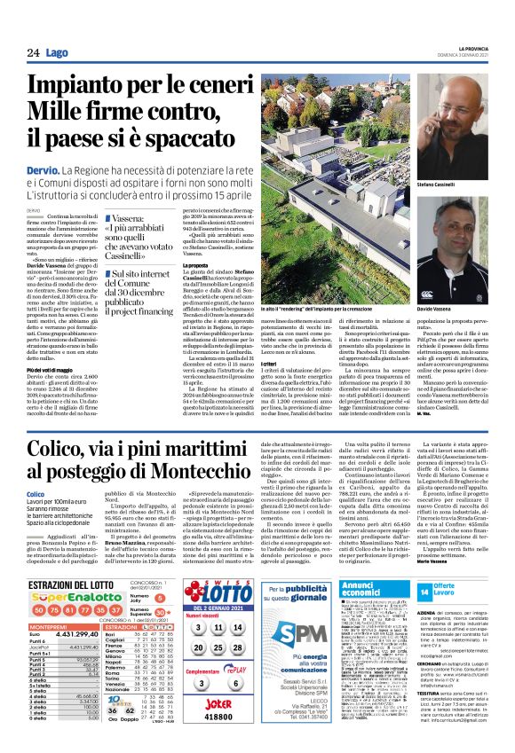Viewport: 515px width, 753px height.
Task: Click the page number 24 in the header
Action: tap(34, 53)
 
